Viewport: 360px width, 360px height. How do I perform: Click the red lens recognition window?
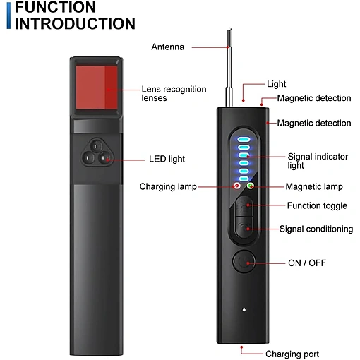pos(97,88)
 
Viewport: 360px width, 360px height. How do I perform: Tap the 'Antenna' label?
pos(168,47)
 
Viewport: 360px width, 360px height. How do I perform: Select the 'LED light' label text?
pos(167,159)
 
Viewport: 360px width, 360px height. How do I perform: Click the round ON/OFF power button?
pos(244,261)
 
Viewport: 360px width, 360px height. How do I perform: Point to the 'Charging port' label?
pos(292,354)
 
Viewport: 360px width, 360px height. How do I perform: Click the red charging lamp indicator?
pos(236,186)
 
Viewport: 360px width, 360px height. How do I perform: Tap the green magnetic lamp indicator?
pos(251,186)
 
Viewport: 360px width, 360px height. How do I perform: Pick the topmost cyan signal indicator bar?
pos(244,140)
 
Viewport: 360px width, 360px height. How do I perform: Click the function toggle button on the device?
pos(244,206)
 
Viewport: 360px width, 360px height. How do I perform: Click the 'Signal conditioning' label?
pos(316,229)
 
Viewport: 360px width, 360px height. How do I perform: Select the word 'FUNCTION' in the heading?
pos(55,7)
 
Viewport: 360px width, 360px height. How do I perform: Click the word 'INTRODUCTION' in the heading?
pos(75,24)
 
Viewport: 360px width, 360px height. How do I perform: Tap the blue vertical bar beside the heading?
pos(8,16)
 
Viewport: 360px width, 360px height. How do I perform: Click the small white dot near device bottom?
pos(244,310)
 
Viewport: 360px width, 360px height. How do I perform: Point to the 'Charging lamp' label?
pos(168,186)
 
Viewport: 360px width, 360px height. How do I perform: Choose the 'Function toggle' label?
pos(317,205)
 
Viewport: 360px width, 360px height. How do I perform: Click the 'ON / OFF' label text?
pos(307,263)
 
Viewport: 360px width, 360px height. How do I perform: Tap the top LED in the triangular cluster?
pos(96,146)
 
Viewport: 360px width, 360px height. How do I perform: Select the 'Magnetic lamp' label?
pos(314,186)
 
